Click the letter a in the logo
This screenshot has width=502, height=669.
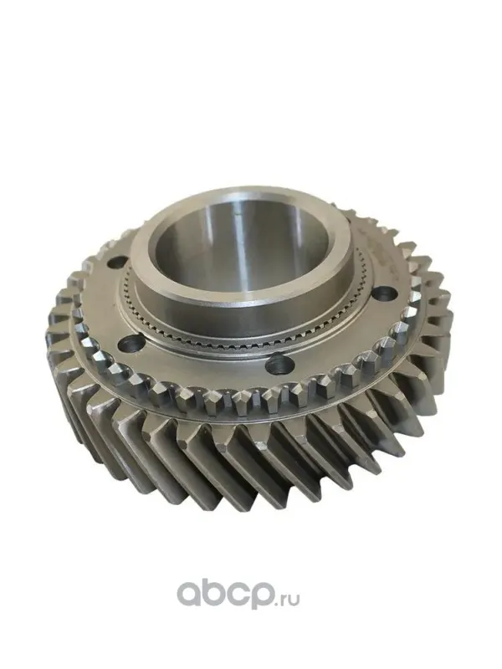pos(189,593)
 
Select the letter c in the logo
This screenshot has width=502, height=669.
pos(238,593)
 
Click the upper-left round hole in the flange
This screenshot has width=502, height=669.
pos(117,263)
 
